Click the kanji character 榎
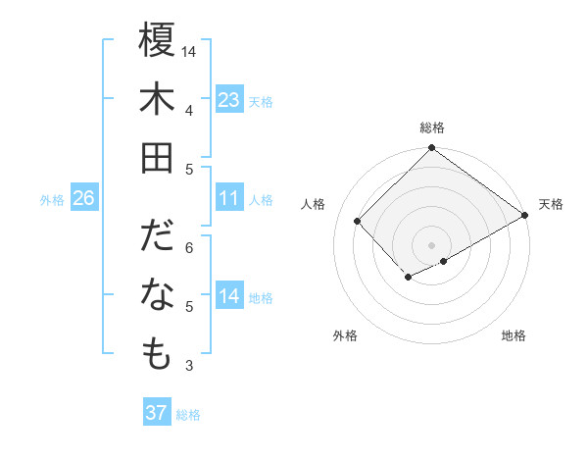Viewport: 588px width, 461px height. coord(157,41)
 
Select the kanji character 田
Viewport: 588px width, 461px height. coord(157,158)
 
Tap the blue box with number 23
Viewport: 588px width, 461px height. coord(229,100)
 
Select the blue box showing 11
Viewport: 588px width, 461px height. coord(229,199)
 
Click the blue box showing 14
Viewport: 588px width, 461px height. coord(229,297)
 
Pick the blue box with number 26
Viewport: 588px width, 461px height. coord(83,199)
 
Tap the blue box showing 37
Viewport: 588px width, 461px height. coord(156,413)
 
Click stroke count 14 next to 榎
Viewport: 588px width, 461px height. coord(189,51)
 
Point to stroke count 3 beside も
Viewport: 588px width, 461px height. coord(189,366)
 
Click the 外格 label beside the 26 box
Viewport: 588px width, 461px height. coord(52,200)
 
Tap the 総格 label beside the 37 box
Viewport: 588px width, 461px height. coord(188,415)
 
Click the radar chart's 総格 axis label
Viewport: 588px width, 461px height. coord(431,128)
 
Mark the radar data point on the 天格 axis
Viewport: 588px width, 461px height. coord(525,216)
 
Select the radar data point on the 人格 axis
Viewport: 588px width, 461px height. coord(358,221)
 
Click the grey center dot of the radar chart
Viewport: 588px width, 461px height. coord(431,243)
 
